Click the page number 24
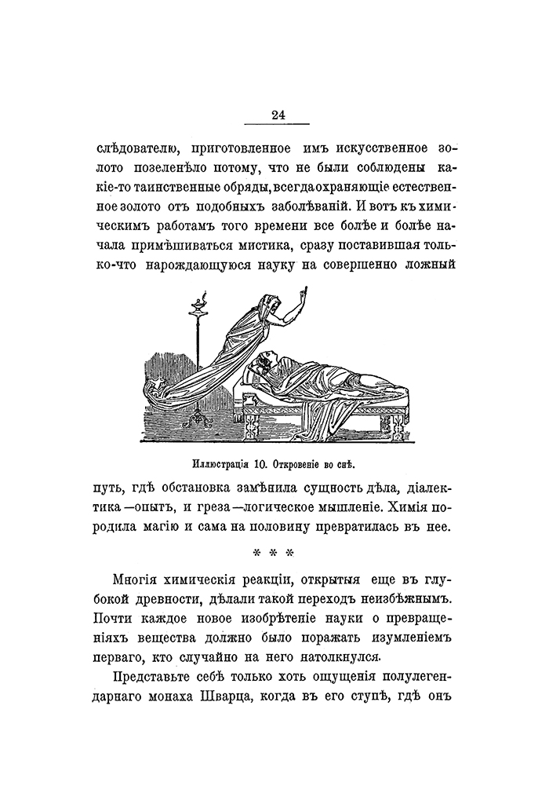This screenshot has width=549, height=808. click(278, 115)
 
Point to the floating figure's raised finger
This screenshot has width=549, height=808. click(304, 293)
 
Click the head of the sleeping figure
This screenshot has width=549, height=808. click(264, 360)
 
